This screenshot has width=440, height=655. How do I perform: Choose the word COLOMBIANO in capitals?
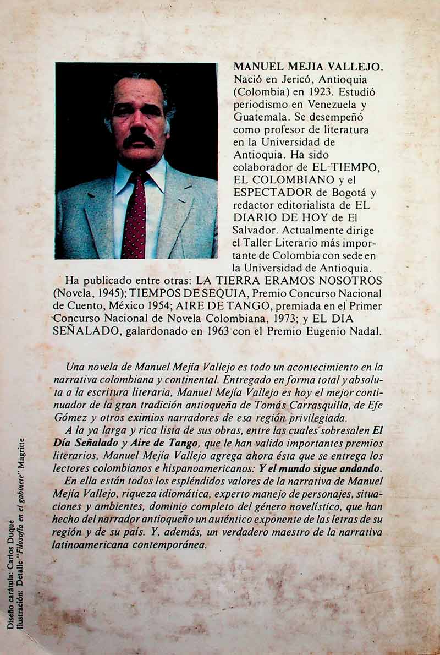tap(295, 180)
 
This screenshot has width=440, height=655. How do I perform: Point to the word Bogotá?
tap(355, 193)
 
